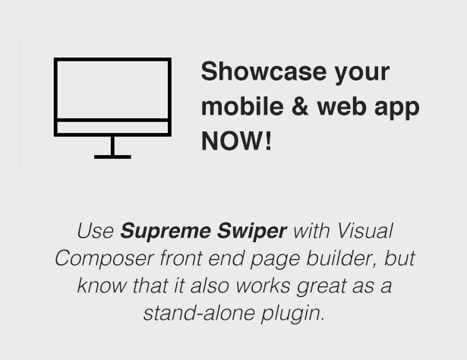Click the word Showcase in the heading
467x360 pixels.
click(263, 71)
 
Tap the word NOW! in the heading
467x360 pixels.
click(236, 141)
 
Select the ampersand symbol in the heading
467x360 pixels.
click(300, 106)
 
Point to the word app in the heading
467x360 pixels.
click(396, 109)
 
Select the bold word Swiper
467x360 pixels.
click(252, 232)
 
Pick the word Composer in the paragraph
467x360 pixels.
click(104, 259)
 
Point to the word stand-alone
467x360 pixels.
click(199, 313)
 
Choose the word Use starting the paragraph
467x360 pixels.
click(96, 231)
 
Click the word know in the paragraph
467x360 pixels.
click(102, 286)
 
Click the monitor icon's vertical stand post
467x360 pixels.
click(112, 146)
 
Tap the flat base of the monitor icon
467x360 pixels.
click(112, 157)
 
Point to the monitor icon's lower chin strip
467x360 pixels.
click(112, 128)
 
